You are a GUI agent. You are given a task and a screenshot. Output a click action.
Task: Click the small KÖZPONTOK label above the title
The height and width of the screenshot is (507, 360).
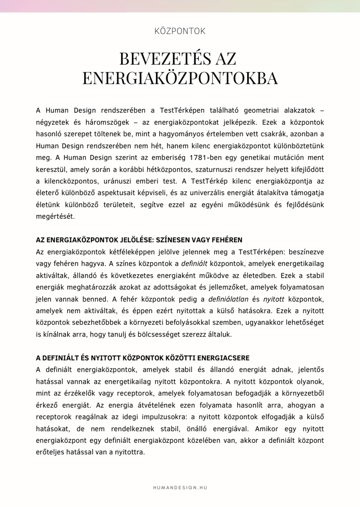click(180, 31)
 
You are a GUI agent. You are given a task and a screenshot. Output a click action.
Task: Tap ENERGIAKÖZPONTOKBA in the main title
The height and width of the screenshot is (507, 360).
click(180, 77)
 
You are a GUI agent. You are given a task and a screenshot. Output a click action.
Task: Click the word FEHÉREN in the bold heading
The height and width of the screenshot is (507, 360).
click(226, 239)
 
